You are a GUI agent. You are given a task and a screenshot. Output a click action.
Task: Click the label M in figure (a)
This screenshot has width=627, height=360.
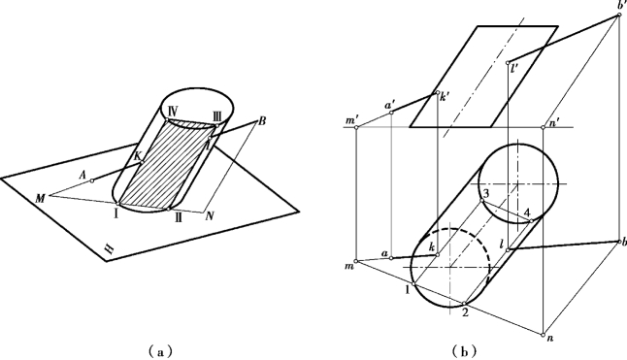click(40, 198)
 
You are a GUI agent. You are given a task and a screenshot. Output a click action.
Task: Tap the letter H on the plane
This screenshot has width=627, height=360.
click(109, 249)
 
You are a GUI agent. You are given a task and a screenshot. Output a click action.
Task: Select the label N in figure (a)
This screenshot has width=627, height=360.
click(210, 216)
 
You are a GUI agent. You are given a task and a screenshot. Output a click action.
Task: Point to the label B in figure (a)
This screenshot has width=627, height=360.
click(262, 120)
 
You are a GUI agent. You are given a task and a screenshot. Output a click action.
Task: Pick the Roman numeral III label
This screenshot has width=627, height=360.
click(217, 116)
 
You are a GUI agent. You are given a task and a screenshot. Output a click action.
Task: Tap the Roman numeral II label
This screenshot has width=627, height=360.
click(179, 218)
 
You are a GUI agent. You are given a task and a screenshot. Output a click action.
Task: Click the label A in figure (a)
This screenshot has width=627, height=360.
click(82, 175)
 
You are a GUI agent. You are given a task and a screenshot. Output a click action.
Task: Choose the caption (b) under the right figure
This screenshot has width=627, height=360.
click(464, 351)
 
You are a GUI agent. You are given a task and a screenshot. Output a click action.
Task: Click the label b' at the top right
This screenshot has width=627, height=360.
click(622, 5)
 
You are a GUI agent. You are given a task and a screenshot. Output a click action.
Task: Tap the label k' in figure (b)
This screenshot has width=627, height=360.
click(443, 97)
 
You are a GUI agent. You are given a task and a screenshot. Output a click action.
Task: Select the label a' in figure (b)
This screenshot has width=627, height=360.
click(388, 106)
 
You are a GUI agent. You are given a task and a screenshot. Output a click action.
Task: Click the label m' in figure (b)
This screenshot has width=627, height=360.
click(351, 120)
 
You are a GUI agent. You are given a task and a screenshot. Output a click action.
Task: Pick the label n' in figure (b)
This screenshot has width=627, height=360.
click(554, 124)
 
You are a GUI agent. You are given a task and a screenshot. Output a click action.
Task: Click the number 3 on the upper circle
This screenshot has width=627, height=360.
click(486, 194)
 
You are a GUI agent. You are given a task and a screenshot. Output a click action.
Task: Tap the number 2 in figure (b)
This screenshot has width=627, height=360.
click(465, 312)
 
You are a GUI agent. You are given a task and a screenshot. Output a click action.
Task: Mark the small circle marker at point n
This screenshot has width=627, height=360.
click(543, 335)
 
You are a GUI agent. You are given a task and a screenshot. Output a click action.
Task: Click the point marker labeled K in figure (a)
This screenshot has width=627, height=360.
click(142, 162)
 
